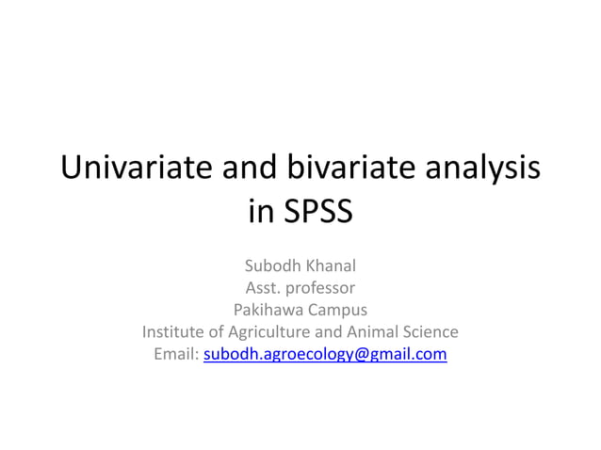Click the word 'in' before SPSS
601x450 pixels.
pyautogui.click(x=259, y=212)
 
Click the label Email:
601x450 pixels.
pyautogui.click(x=175, y=355)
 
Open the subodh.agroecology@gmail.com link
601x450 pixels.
pyautogui.click(x=325, y=355)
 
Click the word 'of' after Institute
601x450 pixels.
pyautogui.click(x=223, y=332)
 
